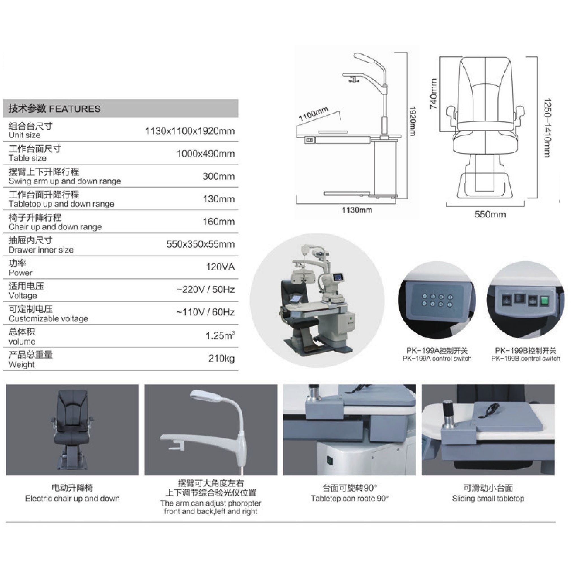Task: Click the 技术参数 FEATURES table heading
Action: (x=54, y=109)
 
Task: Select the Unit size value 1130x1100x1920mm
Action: (x=190, y=131)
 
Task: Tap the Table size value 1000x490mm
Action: (x=206, y=154)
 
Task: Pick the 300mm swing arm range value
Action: (x=219, y=176)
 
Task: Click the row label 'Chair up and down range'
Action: (x=55, y=227)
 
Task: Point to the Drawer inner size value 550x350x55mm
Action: (x=200, y=244)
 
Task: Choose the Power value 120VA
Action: (x=220, y=267)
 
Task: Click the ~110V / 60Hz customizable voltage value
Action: (x=206, y=312)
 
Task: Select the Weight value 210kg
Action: (x=221, y=358)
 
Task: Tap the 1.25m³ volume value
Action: (x=220, y=336)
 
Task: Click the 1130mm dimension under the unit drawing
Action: (x=357, y=210)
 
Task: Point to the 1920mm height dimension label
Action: (x=413, y=121)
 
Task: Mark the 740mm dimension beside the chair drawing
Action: (x=433, y=94)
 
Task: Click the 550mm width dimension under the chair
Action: (x=490, y=214)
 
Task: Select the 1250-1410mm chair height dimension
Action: (x=548, y=128)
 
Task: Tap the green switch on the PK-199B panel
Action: (x=544, y=301)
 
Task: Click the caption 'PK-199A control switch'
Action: (x=437, y=358)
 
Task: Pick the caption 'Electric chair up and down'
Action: (x=72, y=499)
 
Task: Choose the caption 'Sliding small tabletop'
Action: (x=488, y=499)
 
